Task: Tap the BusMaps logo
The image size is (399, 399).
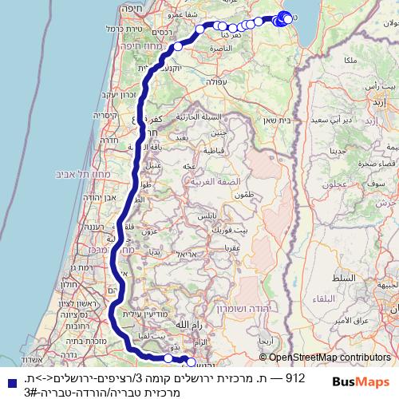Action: tap(361, 382)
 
